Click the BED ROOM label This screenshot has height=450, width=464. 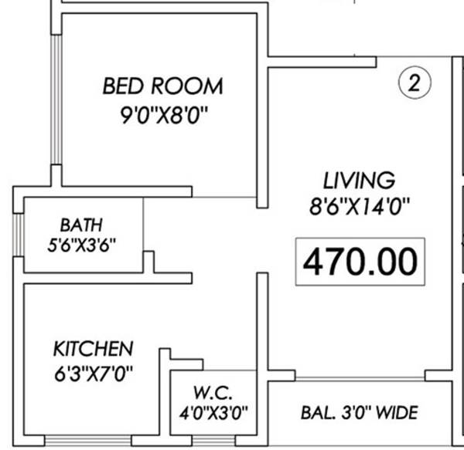162,85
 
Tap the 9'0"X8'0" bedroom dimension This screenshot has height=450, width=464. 162,117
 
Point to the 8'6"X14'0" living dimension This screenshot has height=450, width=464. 359,207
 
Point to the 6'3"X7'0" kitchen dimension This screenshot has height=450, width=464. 93,374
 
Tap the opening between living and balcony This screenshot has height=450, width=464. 360,377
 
